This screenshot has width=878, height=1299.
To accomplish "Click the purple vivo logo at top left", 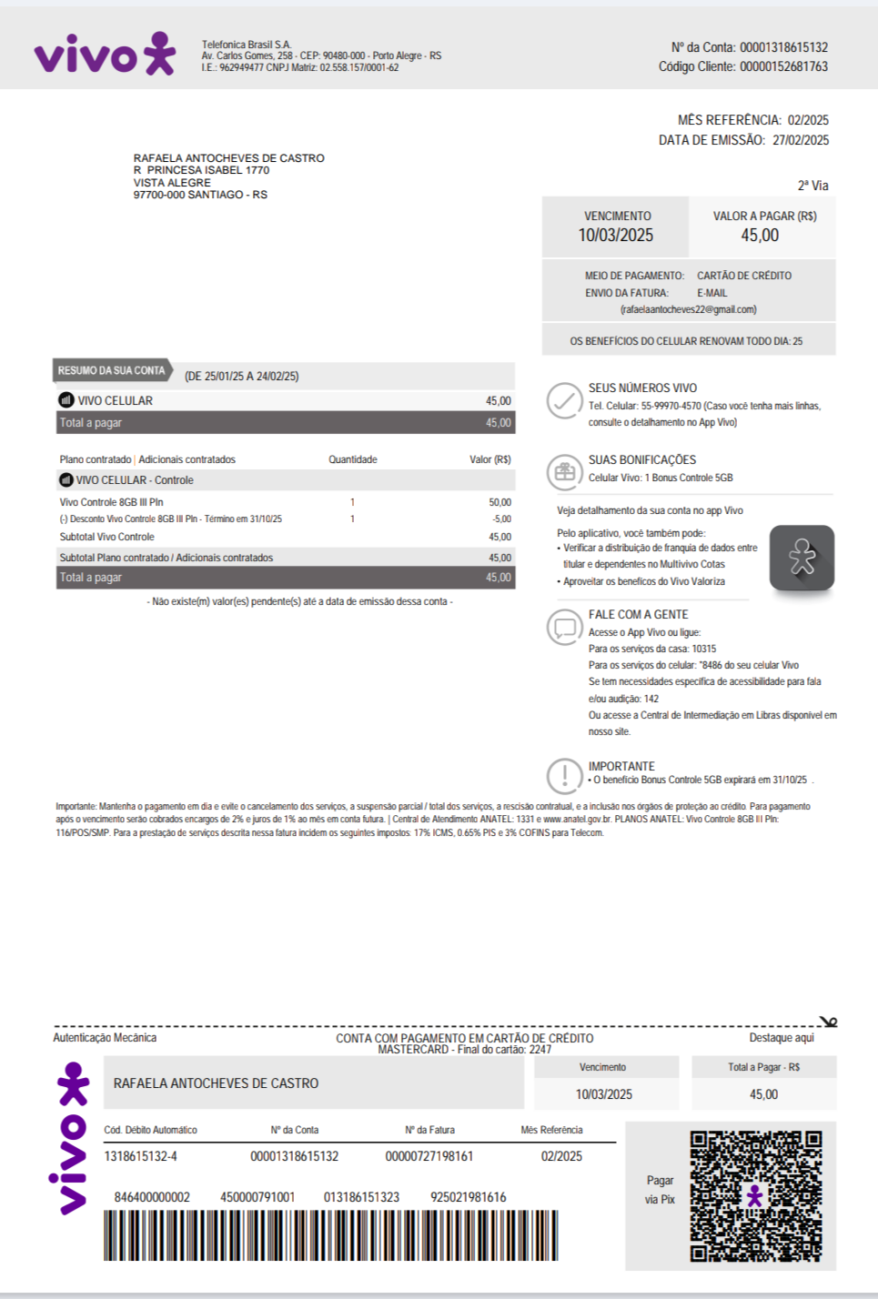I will [105, 55].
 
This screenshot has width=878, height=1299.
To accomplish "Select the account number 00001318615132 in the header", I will [783, 47].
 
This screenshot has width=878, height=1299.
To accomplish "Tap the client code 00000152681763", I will [783, 66].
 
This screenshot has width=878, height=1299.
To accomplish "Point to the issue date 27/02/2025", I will [801, 140].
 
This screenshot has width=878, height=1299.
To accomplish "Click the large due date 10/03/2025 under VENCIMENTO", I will [616, 236].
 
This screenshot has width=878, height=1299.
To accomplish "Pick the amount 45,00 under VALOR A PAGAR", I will [760, 236].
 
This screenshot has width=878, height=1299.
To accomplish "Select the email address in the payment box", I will [689, 309].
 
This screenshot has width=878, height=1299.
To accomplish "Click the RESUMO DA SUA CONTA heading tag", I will [112, 371].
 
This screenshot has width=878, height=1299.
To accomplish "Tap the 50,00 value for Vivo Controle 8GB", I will [500, 502].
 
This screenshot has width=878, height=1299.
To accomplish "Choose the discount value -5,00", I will [501, 519].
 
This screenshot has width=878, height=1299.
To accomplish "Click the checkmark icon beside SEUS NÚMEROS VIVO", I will [565, 400].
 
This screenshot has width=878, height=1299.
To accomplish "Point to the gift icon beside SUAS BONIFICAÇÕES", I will [565, 471].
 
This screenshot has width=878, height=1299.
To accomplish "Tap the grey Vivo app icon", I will [802, 558].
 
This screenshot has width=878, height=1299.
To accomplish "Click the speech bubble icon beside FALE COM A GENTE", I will [565, 627].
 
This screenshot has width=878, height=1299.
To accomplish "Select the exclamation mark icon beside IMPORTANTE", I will [565, 776].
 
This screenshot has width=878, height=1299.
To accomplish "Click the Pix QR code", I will [755, 1195].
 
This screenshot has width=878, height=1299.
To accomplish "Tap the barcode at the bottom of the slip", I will [330, 1235].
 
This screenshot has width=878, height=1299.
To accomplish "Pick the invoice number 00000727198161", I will [429, 1156].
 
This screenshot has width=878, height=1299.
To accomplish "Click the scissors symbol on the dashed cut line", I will [828, 1023].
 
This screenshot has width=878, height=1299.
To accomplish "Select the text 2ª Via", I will [813, 186].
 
